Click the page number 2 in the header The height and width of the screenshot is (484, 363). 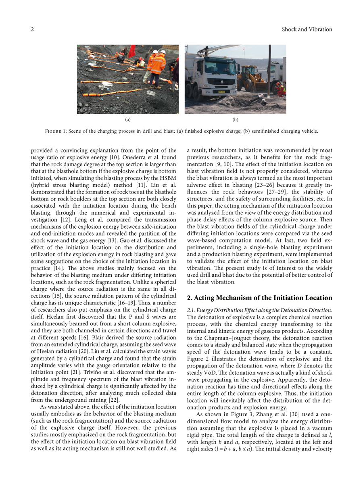[x=32, y=29]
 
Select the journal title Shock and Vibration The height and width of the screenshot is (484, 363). [x=307, y=29]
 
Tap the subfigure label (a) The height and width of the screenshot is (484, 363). [x=128, y=120]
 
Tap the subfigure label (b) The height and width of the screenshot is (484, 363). [x=236, y=120]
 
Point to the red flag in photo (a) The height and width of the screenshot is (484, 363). [x=131, y=51]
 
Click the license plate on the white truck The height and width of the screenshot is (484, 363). [x=221, y=92]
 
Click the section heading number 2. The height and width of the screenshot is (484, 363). [x=189, y=298]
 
